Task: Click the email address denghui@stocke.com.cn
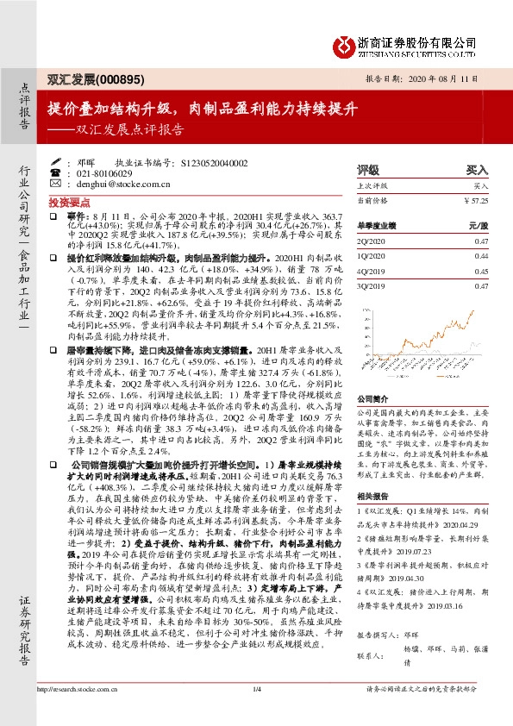[117, 184]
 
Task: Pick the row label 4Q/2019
[370, 271]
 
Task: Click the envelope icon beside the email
[55, 184]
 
